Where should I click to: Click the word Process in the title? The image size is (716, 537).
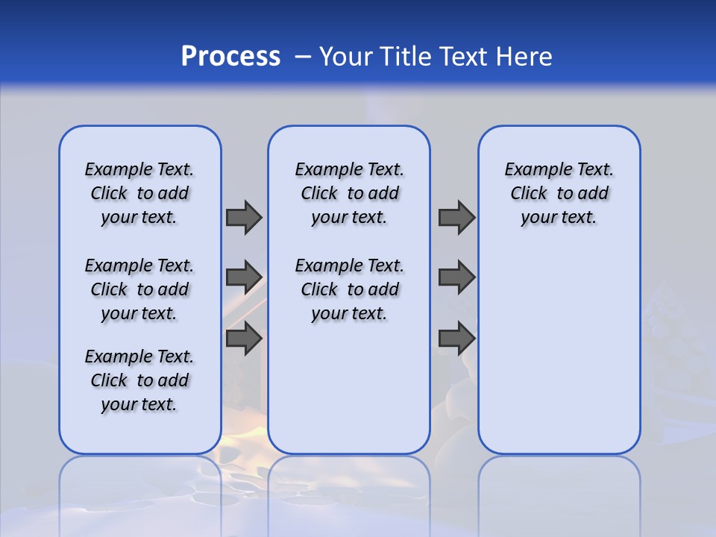tap(230, 57)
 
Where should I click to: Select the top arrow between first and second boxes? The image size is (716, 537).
tap(244, 217)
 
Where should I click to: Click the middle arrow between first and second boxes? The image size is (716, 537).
tap(244, 277)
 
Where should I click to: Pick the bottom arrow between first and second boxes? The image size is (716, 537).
tap(244, 339)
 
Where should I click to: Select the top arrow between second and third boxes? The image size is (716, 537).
tap(456, 217)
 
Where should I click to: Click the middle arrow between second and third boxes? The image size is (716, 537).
tap(456, 277)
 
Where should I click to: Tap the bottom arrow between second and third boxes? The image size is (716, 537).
tap(456, 339)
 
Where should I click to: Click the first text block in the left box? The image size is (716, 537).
tap(139, 193)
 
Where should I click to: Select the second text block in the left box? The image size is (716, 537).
tap(139, 289)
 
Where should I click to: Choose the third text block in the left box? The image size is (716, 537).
tap(139, 380)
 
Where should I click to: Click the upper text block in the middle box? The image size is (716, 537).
tap(349, 193)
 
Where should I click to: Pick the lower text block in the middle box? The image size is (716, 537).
tap(349, 289)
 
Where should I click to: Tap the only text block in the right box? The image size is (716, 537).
tap(559, 193)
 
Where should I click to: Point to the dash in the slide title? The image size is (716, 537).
tap(303, 57)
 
